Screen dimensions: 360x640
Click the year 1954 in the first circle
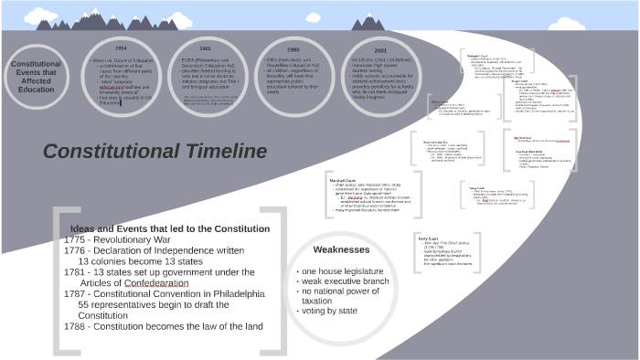click(x=120, y=47)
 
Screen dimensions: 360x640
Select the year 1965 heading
click(x=205, y=47)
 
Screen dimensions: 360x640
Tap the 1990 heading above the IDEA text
click(x=293, y=49)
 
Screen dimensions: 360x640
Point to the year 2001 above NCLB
click(x=380, y=51)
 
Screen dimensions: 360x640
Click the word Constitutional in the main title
click(x=109, y=151)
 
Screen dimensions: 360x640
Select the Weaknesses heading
click(x=341, y=249)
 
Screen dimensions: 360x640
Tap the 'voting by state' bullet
click(x=332, y=311)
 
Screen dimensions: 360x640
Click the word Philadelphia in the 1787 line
click(x=235, y=294)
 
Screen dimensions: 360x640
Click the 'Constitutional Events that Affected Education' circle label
click(x=37, y=78)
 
